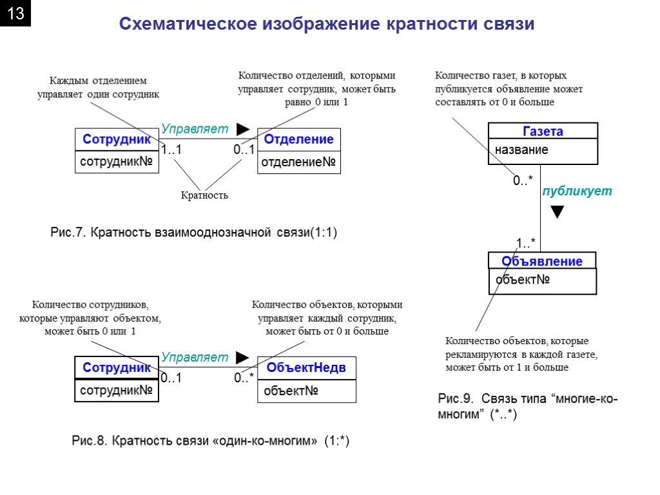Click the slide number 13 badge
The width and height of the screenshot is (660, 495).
tap(15, 15)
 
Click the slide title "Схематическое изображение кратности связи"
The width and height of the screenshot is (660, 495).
tap(327, 24)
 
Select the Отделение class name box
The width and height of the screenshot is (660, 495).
tap(298, 139)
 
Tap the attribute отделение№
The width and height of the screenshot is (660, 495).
tap(298, 163)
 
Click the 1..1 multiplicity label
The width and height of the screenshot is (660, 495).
tap(171, 150)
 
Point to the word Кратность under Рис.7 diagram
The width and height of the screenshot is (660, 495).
tap(204, 195)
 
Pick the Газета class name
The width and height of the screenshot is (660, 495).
tap(543, 131)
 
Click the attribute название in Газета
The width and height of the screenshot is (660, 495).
tap(522, 150)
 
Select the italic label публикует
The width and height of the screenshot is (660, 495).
tap(576, 191)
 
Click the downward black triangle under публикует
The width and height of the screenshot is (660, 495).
tap(558, 212)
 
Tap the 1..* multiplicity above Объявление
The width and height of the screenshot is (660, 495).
tap(525, 243)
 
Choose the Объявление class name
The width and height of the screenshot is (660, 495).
tap(542, 261)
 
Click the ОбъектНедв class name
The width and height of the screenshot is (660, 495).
tap(306, 367)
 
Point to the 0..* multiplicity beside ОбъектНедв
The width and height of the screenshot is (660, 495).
tap(244, 378)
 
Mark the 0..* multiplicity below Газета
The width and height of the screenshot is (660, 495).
tap(523, 182)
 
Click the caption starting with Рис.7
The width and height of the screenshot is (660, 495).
tap(193, 232)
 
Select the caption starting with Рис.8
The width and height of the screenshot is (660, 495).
tap(210, 441)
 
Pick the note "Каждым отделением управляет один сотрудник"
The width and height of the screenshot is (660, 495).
tap(98, 88)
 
